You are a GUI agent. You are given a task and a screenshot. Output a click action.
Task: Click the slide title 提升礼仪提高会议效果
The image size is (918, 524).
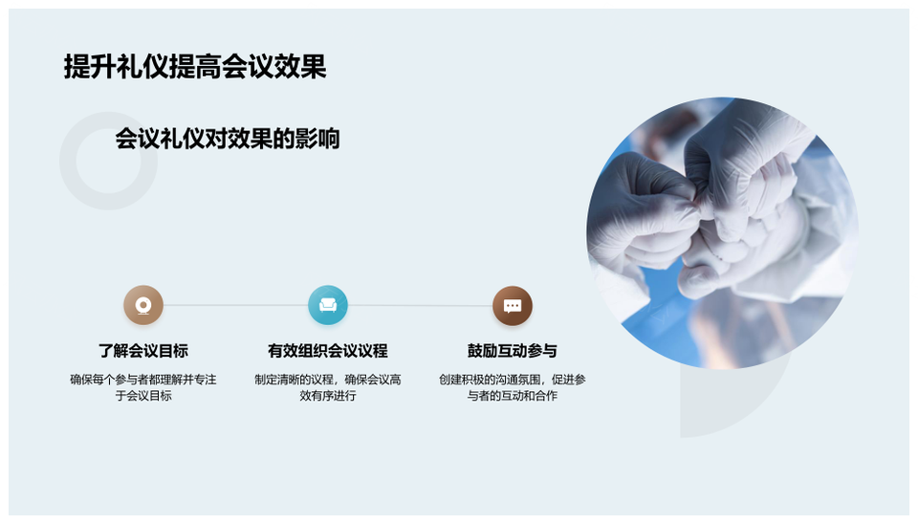coord(195,66)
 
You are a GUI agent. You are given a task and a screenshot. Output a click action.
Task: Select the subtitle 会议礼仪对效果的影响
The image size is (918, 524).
coord(228,139)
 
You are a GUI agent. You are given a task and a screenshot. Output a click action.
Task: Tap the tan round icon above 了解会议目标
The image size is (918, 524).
coord(143,305)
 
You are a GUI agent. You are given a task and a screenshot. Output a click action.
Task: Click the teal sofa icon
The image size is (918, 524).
coord(328,305)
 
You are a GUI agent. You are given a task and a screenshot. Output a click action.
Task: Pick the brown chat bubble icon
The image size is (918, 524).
coord(513,306)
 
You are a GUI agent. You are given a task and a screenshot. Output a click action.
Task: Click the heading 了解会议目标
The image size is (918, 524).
coord(143,351)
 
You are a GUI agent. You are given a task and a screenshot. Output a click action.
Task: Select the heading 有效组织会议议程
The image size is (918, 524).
coord(328,351)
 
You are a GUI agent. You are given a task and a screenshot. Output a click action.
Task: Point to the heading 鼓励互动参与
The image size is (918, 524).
coord(513,351)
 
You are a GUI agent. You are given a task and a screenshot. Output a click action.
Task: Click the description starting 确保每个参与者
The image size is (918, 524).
coord(143,387)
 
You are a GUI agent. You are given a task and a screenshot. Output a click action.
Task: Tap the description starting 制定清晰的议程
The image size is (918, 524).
coord(328,387)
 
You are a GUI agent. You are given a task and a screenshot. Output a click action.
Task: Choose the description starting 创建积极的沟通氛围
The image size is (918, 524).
coord(513,387)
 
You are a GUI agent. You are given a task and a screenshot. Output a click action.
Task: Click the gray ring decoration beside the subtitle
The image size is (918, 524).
coord(68,161)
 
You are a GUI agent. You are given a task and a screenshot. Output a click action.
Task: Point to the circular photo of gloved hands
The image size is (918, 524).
coord(723,233)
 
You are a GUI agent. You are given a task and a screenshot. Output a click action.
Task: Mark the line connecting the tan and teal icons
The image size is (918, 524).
coord(236,305)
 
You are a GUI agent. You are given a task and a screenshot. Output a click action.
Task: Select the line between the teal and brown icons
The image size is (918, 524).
coord(421,305)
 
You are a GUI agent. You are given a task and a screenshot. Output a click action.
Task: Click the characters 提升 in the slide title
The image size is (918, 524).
coord(90,66)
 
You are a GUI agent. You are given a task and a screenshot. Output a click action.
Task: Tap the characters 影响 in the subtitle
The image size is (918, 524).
coord(317,139)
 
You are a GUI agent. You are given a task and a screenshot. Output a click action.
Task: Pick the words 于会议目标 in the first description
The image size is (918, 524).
coord(143,396)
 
